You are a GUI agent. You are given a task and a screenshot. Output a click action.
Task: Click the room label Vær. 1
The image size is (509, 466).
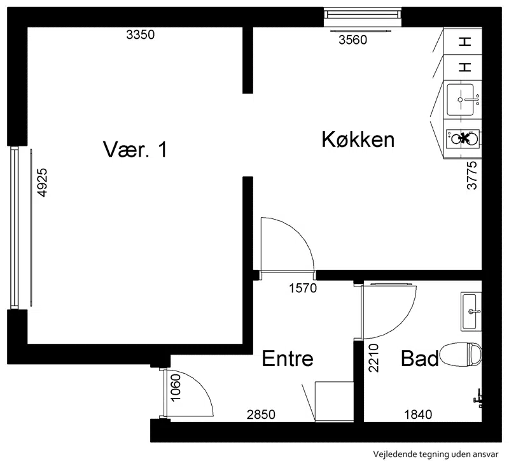pos(135,150)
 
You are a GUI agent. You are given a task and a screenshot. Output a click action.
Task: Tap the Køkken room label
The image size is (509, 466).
pos(358,139)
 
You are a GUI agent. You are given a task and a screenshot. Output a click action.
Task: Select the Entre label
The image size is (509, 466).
pos(288,358)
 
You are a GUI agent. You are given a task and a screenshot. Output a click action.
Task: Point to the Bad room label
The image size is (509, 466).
pos(420,358)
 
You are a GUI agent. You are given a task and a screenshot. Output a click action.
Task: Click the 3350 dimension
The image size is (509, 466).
pos(140,34)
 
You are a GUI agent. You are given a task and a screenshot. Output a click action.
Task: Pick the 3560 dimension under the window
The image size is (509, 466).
pos(353,40)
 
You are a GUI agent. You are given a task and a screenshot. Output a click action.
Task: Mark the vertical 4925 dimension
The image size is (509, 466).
pos(43,183)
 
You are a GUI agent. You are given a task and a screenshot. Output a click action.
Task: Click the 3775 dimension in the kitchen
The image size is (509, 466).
pos(472,175)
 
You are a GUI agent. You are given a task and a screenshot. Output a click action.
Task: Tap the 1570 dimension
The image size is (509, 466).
pos(303,288)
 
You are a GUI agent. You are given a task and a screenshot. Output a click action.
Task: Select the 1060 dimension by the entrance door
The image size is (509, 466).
pos(176,388)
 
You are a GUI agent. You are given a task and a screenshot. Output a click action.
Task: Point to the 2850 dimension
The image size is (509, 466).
pos(261,414)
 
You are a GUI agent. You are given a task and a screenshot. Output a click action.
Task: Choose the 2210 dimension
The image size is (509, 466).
pos(373,358)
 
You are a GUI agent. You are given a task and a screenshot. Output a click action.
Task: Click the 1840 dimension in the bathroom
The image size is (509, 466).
pos(418,414)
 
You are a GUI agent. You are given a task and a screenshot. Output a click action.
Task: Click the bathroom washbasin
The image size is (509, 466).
pos(471,311)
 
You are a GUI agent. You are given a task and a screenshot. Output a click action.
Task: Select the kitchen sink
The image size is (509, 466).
pos(460,100)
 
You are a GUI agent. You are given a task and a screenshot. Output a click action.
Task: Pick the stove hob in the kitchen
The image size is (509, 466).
pos(463,139)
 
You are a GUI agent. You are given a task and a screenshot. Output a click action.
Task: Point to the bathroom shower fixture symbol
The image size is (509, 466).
pos(477,399)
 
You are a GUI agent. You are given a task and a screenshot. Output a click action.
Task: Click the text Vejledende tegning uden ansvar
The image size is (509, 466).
pos(436,455)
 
